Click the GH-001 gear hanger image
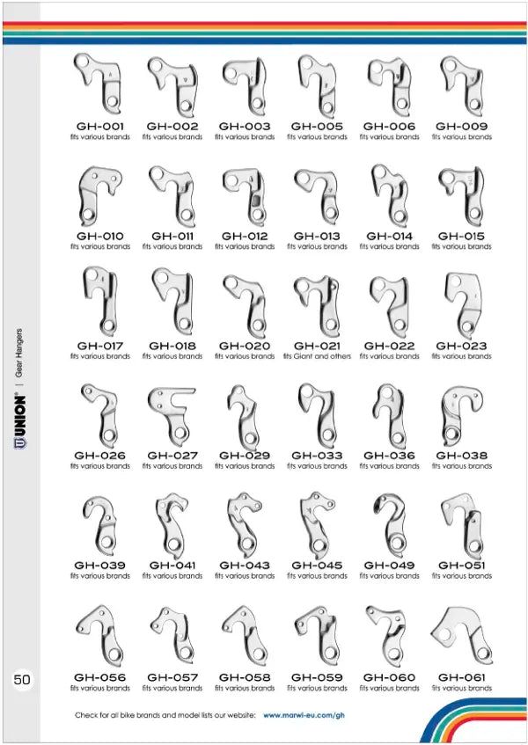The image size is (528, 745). coord(101,84)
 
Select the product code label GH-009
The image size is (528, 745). coord(462,127)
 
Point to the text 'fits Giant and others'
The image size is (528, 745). coord(317,356)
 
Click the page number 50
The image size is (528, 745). coord(22,679)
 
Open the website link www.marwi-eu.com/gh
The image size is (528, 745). coord(304,716)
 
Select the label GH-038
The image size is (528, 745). coord(462,456)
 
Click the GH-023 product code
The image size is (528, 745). coord(462,346)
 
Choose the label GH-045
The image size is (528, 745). coord(317,565)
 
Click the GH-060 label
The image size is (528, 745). coord(389,677)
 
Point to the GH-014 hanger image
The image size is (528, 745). coord(389,195)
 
